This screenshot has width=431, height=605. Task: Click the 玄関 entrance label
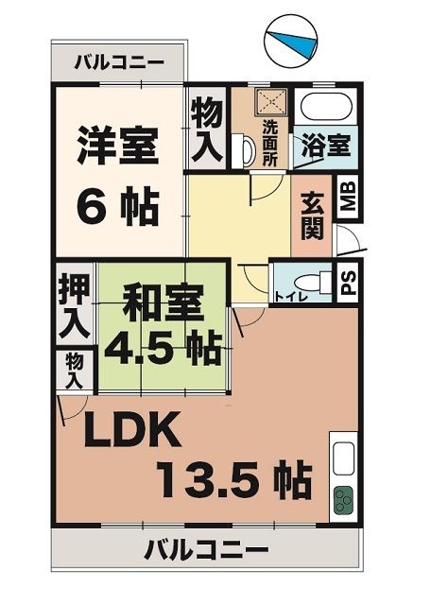click(x=312, y=216)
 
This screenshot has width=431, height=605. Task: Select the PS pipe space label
click(x=348, y=284)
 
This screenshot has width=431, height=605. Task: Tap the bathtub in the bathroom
click(x=323, y=107)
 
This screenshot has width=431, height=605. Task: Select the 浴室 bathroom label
click(x=326, y=147)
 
